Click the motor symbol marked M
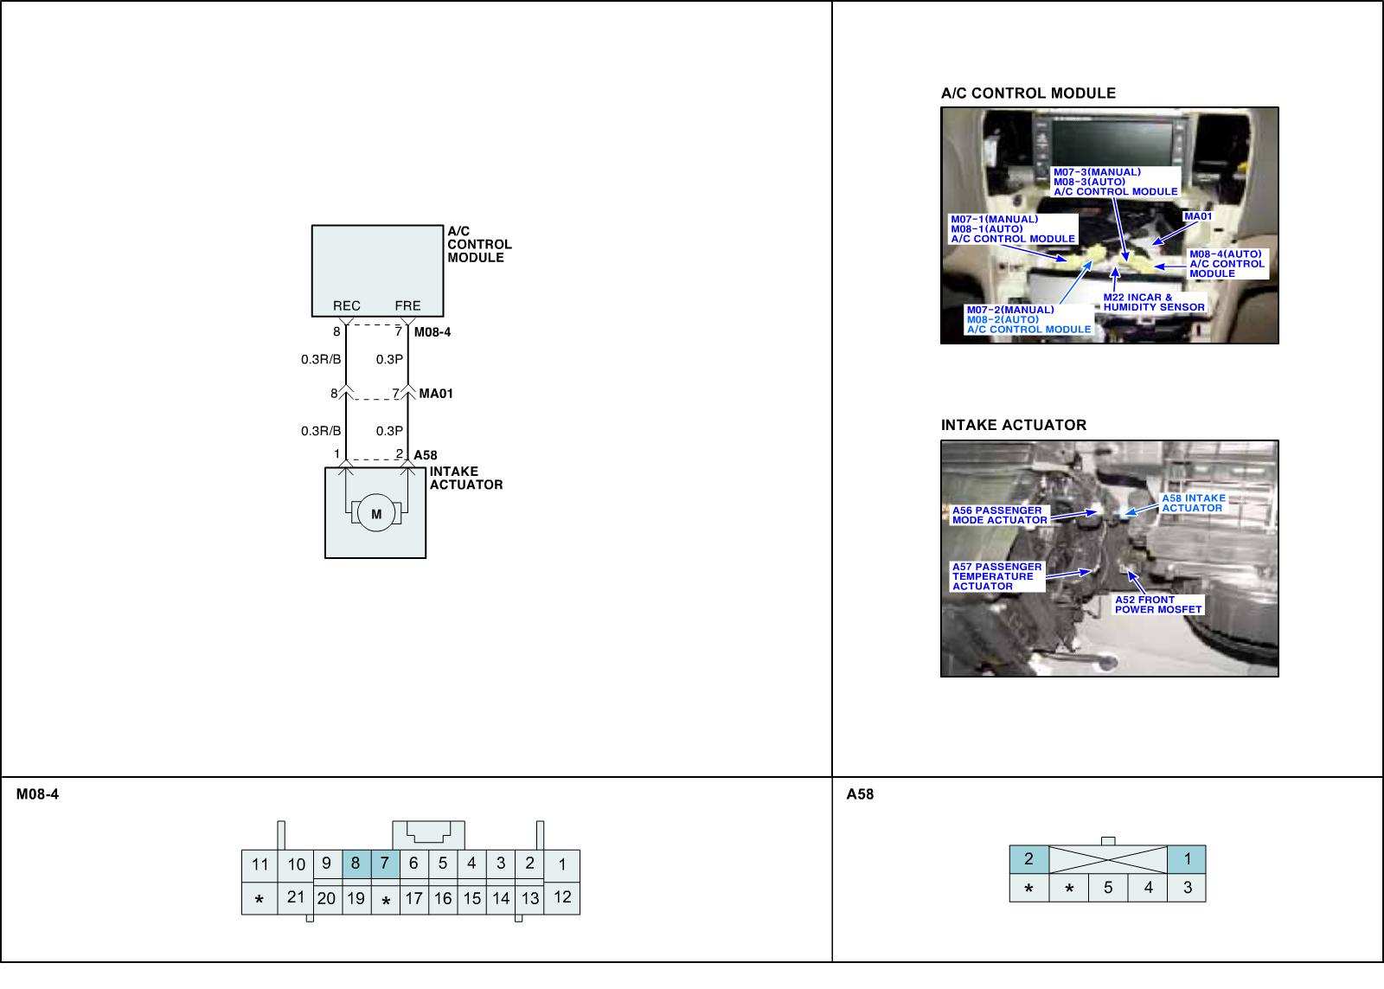[375, 513]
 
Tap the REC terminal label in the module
[346, 305]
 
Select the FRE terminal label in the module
[407, 305]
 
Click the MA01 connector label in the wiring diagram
[436, 393]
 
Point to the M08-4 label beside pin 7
[432, 332]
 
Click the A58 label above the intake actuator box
[425, 455]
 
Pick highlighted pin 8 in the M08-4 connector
[356, 864]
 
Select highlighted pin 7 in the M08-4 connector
[385, 864]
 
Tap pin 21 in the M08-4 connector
[296, 897]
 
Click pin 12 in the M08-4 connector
[562, 897]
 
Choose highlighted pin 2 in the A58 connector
[1028, 859]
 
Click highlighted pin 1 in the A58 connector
[1187, 859]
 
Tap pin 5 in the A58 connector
[1108, 888]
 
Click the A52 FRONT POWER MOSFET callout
[1158, 605]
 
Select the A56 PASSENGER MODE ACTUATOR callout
[1000, 516]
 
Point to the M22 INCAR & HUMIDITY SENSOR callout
[1154, 302]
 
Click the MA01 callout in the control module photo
[1198, 216]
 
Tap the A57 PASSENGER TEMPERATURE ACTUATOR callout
[997, 577]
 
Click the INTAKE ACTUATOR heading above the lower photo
[1013, 425]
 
